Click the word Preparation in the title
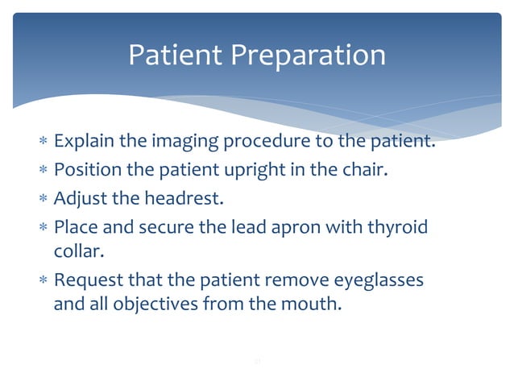click(x=309, y=55)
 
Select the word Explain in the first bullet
click(x=84, y=144)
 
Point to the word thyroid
click(x=399, y=226)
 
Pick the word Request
click(x=85, y=279)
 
